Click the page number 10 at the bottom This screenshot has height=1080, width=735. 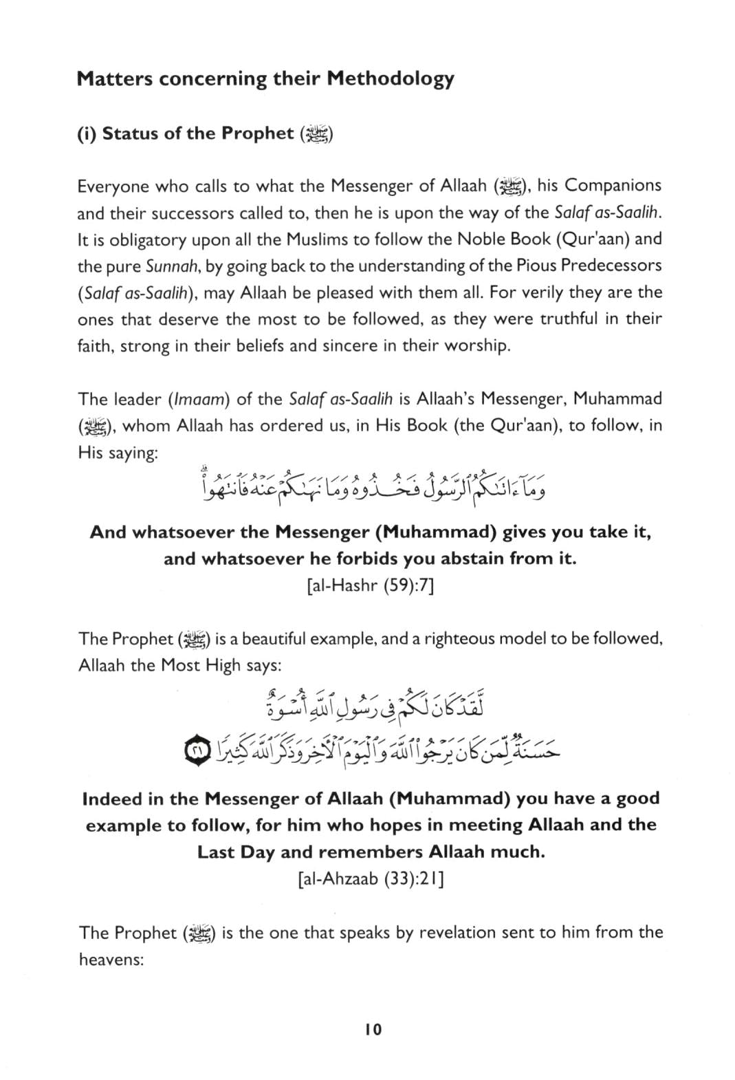pyautogui.click(x=373, y=1030)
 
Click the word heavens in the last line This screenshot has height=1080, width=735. pyautogui.click(x=110, y=960)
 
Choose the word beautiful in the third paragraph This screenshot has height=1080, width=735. pyautogui.click(x=279, y=639)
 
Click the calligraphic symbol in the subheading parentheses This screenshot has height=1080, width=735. pyautogui.click(x=317, y=133)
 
